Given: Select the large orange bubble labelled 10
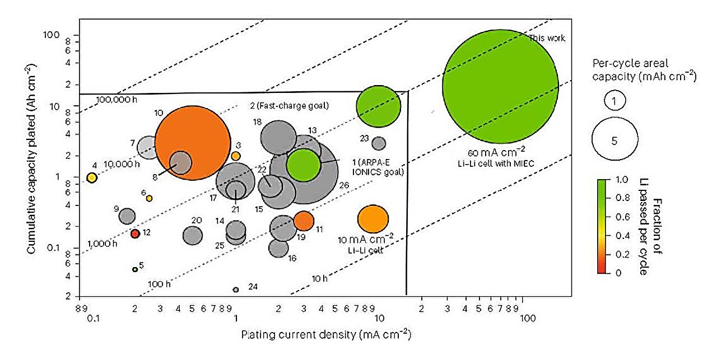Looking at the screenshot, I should pos(193,143).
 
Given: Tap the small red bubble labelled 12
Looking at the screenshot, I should pos(135,233).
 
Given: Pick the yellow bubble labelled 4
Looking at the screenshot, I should pos(92,178).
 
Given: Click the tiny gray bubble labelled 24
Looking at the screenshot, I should pos(236,289).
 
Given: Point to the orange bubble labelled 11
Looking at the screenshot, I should pos(304,221).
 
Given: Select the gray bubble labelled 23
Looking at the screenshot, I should pos(379,143).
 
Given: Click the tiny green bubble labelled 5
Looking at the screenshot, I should pos(135,269).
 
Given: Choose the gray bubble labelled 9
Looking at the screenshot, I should pos(127,216).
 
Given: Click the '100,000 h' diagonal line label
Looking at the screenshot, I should pos(108,100).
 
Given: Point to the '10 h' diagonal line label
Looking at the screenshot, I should pos(319,278).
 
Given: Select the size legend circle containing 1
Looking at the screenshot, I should pos(614,101).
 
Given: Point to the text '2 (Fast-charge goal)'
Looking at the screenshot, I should pos(288,105).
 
